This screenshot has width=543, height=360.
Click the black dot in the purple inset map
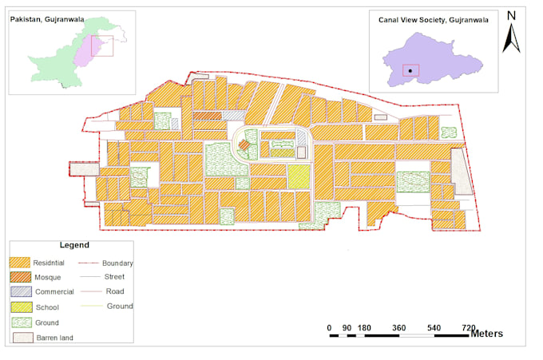click(410, 70)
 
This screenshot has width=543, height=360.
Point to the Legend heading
click(74, 245)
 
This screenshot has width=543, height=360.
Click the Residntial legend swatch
click(20, 263)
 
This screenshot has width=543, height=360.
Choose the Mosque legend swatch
click(20, 277)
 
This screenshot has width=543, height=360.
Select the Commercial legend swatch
click(20, 292)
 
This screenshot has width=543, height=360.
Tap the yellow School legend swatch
click(20, 307)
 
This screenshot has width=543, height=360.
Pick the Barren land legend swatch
click(20, 338)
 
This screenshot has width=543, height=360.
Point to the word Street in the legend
click(115, 277)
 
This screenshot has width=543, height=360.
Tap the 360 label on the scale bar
click(399, 328)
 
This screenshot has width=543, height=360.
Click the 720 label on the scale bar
click(468, 328)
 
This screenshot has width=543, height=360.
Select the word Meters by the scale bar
click(486, 334)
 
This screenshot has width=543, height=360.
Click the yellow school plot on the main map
click(298, 176)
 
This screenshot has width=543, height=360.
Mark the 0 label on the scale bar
click(330, 328)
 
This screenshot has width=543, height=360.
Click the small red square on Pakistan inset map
click(102, 45)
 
